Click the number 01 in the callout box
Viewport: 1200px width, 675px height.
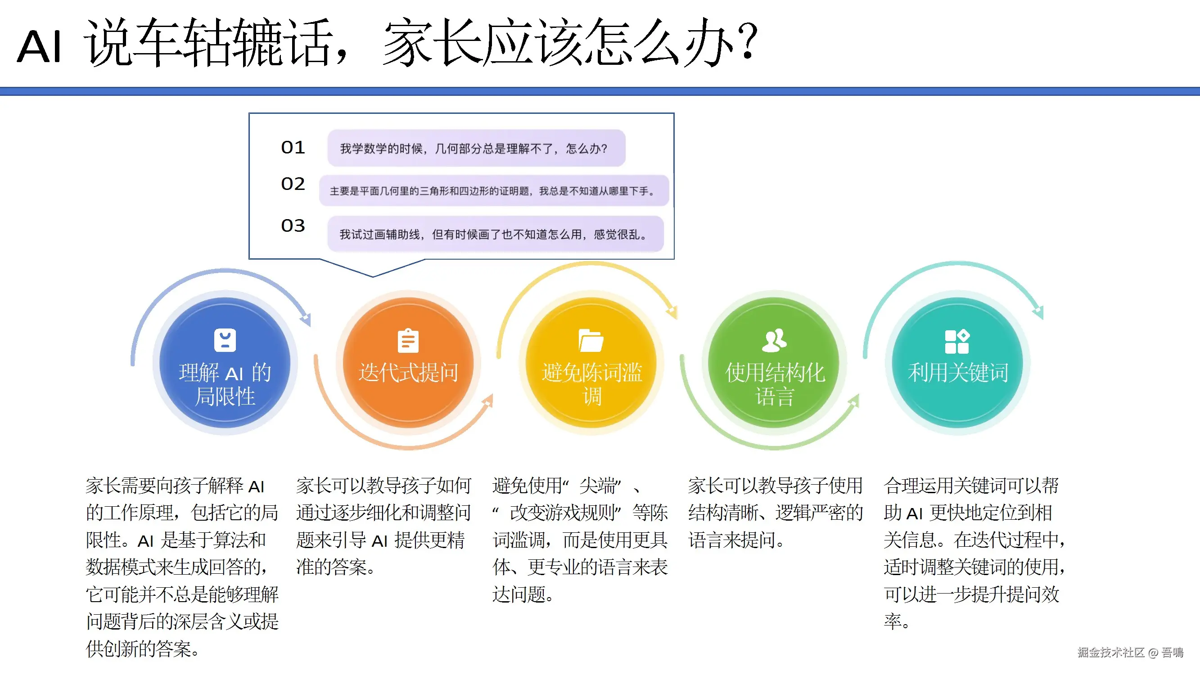(x=293, y=148)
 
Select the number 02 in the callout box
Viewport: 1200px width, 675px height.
(x=293, y=184)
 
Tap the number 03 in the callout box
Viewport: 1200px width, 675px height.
(x=293, y=226)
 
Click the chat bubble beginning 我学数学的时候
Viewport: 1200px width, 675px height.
(x=476, y=148)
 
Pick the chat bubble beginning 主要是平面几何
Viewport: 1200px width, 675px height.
(x=494, y=190)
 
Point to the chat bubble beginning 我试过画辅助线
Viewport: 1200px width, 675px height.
(x=495, y=234)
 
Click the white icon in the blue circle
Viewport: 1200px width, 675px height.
(x=225, y=340)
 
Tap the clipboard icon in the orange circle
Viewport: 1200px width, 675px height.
(x=408, y=341)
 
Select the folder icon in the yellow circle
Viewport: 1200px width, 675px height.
(x=591, y=341)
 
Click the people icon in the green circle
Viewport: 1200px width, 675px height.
(x=774, y=341)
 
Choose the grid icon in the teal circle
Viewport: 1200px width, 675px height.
(x=957, y=342)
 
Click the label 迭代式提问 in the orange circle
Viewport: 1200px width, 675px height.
(x=408, y=373)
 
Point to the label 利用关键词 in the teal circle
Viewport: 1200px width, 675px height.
(x=958, y=373)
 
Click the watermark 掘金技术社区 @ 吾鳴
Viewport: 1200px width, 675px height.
(x=1130, y=652)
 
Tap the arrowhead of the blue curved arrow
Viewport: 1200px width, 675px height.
(x=305, y=319)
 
